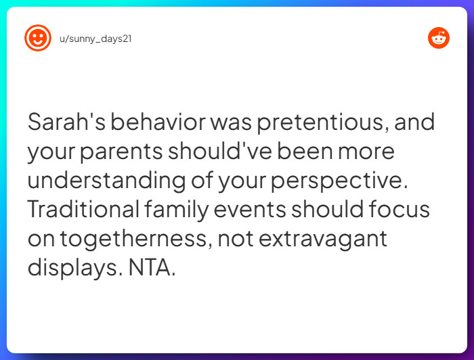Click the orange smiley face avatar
(x=38, y=38)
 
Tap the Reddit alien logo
(x=439, y=38)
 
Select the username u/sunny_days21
(x=95, y=39)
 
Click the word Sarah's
(x=66, y=122)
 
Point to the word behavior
(x=158, y=122)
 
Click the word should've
(x=220, y=151)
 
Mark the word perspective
(x=339, y=181)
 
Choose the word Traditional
(x=84, y=209)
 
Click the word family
(x=177, y=210)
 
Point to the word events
(x=250, y=210)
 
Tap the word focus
(x=399, y=209)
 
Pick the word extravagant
(x=323, y=240)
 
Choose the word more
(x=366, y=152)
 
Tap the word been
(x=305, y=151)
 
